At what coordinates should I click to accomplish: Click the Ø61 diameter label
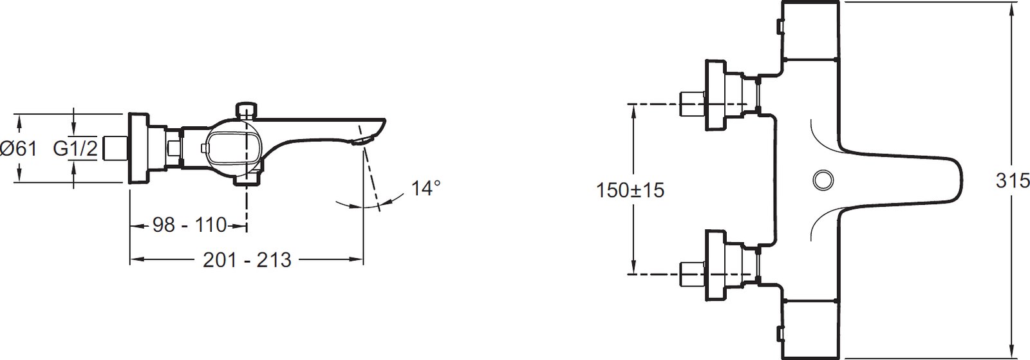[19, 149]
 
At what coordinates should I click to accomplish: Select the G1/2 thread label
[75, 149]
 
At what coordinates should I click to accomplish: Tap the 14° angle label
[426, 188]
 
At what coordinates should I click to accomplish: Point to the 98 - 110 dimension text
[190, 225]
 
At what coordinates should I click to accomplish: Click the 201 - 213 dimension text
[247, 260]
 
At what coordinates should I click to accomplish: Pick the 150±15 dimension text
[630, 190]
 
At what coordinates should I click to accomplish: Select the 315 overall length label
[1012, 181]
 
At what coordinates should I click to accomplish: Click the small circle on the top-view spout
[823, 180]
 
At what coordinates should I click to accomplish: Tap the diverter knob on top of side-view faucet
[247, 110]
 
